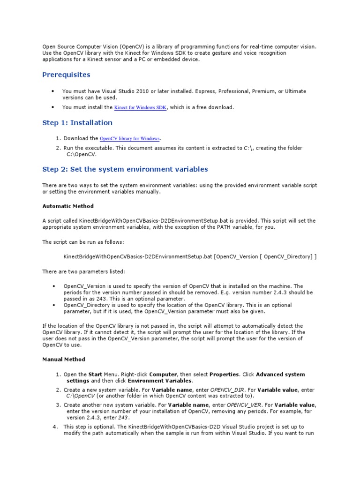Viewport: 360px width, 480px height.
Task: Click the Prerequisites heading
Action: tap(66, 75)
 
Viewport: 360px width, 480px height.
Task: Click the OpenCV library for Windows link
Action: tap(130, 139)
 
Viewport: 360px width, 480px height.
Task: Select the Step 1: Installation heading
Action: tap(77, 123)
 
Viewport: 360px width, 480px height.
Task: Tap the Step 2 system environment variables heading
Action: tap(125, 169)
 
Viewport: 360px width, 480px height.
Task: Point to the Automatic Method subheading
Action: tap(68, 206)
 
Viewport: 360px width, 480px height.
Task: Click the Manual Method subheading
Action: tap(64, 359)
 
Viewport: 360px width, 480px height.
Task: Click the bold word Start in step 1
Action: tap(96, 375)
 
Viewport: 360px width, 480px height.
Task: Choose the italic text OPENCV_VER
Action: tap(243, 405)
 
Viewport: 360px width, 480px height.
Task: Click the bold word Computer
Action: tap(163, 375)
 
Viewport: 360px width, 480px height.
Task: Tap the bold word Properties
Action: tap(224, 375)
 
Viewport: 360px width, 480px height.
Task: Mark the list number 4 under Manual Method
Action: tap(55, 427)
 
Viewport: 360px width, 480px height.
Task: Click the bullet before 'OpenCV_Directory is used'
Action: tap(53, 305)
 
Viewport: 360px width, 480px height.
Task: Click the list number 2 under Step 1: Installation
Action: tap(58, 148)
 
